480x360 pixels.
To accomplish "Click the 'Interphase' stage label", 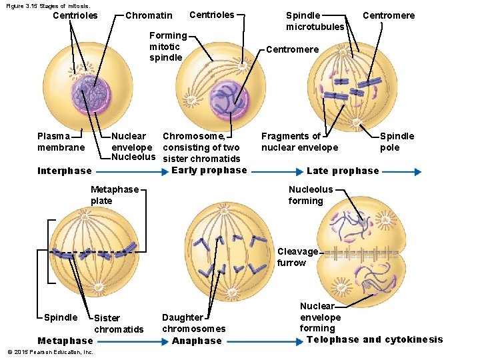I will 65,171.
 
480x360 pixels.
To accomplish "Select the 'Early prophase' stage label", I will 209,170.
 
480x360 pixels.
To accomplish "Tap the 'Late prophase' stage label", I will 343,171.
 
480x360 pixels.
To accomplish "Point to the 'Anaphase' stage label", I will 197,341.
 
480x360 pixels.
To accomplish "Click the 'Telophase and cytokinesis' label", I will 375,339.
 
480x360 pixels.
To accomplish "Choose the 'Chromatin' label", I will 149,15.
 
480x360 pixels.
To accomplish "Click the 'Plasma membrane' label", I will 61,141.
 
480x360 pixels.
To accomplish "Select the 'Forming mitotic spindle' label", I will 167,46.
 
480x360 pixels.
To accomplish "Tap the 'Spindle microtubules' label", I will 315,21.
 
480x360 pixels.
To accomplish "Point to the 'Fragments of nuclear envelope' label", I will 299,141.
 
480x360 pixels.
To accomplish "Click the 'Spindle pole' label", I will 397,141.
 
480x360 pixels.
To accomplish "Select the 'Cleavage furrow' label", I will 297,257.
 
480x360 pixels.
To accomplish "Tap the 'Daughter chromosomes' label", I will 193,323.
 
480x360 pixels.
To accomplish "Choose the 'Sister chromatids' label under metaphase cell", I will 119,324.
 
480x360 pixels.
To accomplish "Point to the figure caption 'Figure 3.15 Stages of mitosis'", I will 47,5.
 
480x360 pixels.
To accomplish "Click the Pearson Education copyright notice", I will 49,352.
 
